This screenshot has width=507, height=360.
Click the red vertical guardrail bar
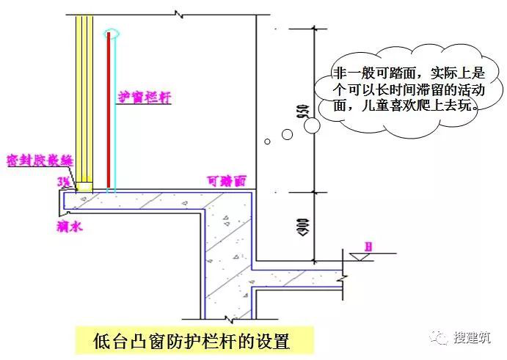point(109,110)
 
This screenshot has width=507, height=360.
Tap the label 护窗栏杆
point(144,98)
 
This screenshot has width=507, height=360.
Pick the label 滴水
point(70,227)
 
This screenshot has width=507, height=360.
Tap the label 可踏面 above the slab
point(225,179)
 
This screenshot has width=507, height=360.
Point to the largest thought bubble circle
point(311,126)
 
